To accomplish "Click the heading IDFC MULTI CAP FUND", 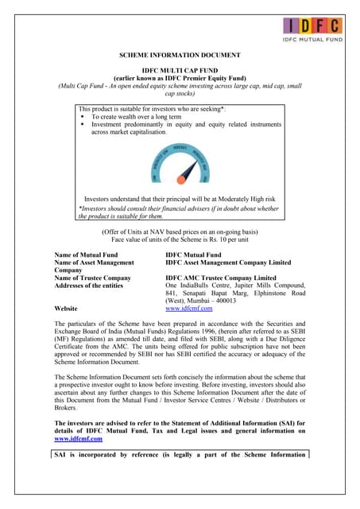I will tap(179, 71).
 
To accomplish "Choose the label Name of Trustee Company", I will tap(91, 277).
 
